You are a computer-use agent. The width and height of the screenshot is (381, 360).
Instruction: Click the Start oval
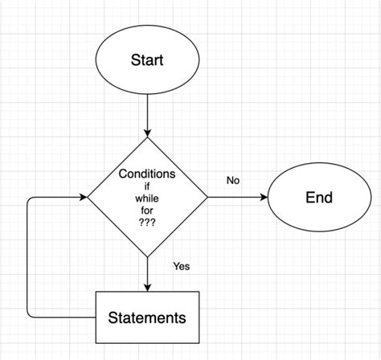tap(148, 59)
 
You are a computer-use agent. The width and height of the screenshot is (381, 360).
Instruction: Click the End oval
tap(318, 198)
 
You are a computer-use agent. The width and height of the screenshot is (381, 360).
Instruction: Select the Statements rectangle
tap(148, 317)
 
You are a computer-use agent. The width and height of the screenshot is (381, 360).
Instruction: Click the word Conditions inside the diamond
tap(148, 174)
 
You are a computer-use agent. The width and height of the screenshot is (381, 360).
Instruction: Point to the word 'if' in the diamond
tap(148, 187)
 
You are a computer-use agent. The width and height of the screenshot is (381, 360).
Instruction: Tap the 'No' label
tap(233, 181)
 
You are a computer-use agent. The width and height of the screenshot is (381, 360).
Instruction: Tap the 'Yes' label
tap(180, 266)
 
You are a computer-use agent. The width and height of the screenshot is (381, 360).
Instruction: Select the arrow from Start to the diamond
tap(148, 112)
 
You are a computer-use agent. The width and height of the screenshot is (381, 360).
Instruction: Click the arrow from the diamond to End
tap(237, 198)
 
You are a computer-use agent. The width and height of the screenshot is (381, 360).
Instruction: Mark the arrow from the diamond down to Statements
tap(148, 273)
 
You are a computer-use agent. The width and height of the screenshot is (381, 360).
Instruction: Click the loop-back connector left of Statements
tap(29, 257)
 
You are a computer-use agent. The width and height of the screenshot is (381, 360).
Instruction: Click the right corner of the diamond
tap(207, 198)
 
